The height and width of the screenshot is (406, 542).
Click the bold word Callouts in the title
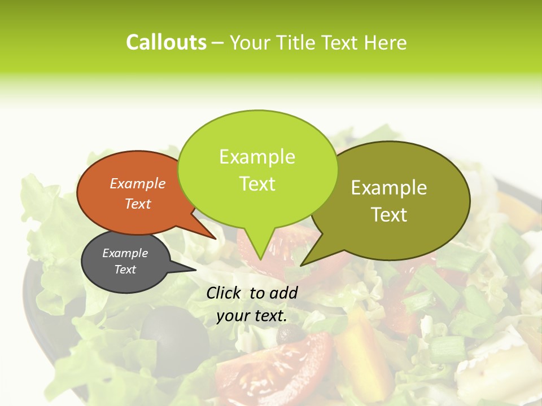point(166,42)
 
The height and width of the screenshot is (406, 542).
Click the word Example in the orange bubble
point(137,184)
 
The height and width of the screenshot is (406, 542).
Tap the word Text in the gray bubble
point(125,270)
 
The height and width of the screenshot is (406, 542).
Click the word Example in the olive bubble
point(389,188)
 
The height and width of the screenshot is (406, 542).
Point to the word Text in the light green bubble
point(257,184)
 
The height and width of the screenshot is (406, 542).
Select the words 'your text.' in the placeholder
point(252,316)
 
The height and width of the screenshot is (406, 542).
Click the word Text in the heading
point(344,42)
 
